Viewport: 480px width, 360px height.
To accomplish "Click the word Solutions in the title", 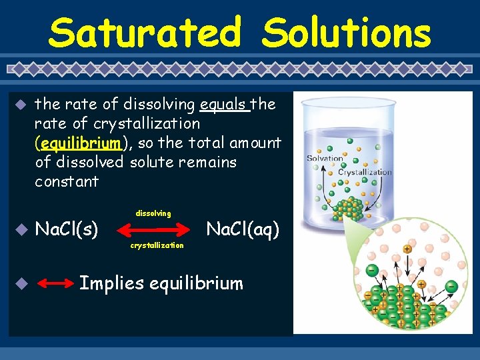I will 346,33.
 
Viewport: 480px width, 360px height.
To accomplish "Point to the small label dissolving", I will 153,213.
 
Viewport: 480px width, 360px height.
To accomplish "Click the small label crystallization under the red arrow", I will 157,245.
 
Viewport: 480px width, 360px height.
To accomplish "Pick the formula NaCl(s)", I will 67,230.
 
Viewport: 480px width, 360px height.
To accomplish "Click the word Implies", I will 111,283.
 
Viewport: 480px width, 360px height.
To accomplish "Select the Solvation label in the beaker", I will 325,159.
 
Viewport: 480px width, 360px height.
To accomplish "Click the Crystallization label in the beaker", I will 365,172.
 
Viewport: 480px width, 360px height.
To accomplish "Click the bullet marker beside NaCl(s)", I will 21,230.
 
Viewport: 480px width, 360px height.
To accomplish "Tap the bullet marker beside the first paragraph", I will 21,105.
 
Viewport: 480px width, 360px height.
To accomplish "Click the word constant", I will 67,181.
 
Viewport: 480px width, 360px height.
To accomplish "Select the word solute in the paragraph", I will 153,162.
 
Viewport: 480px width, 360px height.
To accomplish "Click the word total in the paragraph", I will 207,143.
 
